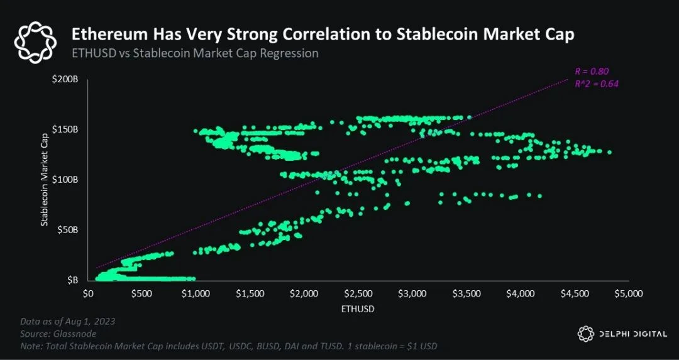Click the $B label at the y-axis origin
(73, 279)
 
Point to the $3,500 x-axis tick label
(466, 293)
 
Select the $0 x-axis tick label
(88, 293)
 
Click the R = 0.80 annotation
(592, 71)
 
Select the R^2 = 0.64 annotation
(592, 83)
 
